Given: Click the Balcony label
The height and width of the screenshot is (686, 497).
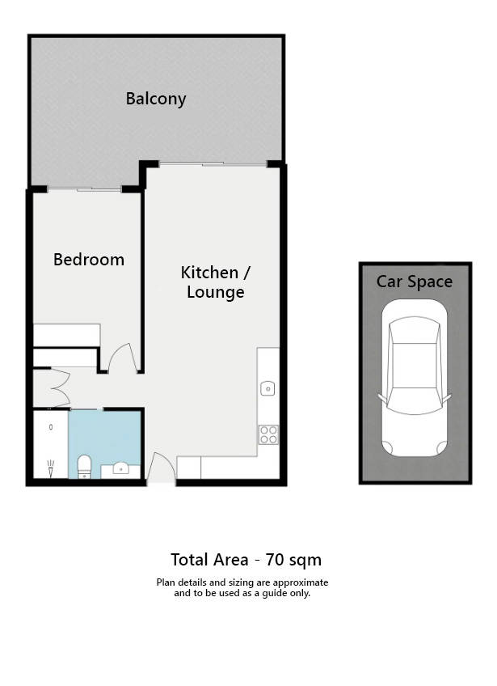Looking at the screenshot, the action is (x=156, y=99).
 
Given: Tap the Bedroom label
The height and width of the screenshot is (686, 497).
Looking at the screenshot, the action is (x=89, y=260).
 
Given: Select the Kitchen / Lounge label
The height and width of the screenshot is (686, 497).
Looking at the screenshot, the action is (x=216, y=282).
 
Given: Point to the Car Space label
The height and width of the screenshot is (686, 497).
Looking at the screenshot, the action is (x=415, y=282).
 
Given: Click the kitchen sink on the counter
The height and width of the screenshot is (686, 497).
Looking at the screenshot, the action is (x=267, y=388).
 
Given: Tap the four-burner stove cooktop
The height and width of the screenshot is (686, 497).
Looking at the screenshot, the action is (x=268, y=434).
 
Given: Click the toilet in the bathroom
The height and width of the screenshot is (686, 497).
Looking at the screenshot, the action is (x=84, y=467).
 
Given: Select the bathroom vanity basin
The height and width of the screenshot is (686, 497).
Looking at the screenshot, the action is (x=120, y=468).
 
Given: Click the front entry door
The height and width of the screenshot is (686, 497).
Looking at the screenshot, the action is (x=161, y=468).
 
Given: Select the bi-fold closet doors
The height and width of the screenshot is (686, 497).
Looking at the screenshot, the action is (x=61, y=387).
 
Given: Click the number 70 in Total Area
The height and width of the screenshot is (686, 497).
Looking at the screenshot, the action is (x=276, y=560).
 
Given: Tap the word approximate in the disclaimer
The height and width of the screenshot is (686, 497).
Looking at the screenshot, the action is (x=301, y=582).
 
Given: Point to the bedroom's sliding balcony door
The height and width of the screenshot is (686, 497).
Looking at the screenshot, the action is (x=84, y=189).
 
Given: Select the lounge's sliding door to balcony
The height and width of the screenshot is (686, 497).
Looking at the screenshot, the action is (x=213, y=164).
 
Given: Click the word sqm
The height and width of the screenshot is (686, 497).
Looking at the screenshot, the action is (x=305, y=561).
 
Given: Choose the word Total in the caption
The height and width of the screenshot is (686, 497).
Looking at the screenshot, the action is (x=190, y=560).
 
